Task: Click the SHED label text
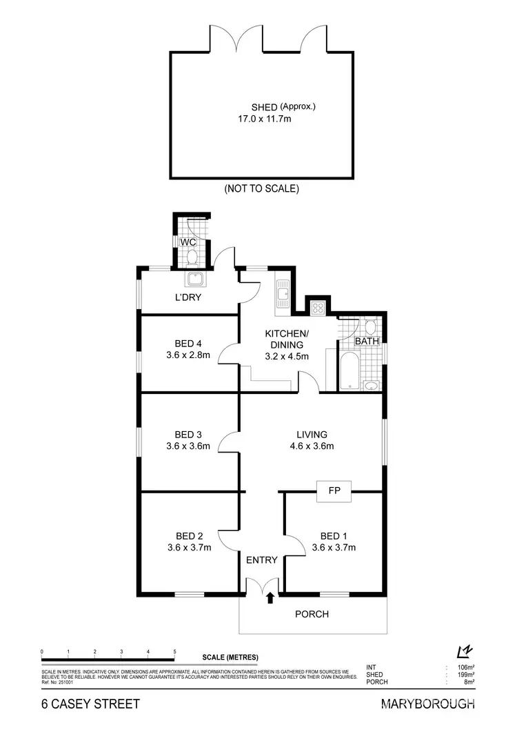click(x=265, y=107)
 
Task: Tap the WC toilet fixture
click(x=192, y=257)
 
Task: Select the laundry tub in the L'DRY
click(x=193, y=279)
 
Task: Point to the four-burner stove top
click(x=318, y=308)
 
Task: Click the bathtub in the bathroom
click(x=345, y=369)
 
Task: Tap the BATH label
click(x=366, y=342)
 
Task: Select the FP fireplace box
click(x=334, y=491)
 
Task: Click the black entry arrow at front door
click(x=270, y=597)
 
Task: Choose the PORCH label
click(x=312, y=614)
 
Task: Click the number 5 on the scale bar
click(x=174, y=652)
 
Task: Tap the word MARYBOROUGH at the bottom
click(x=427, y=704)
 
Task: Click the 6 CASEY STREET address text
click(x=90, y=704)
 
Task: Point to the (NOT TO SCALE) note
click(x=261, y=188)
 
